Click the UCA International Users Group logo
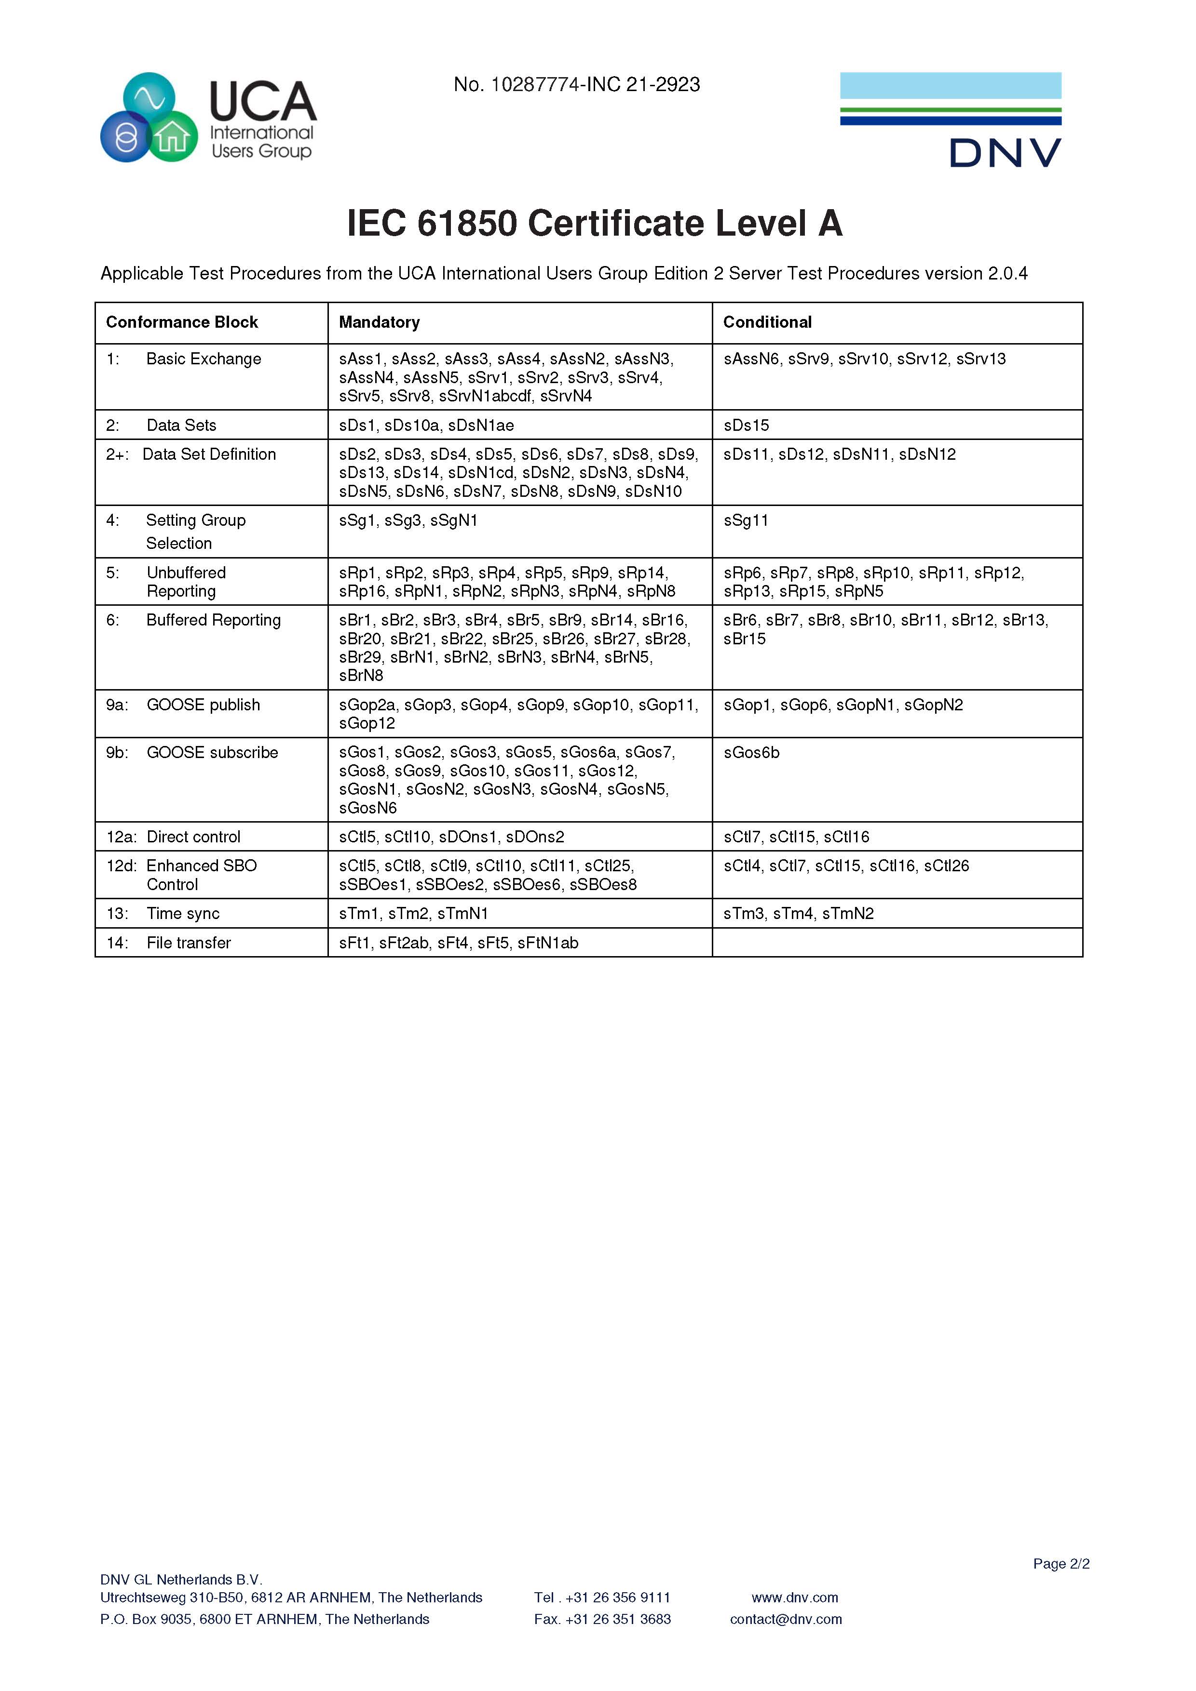(208, 118)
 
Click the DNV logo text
(1005, 153)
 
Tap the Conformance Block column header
(182, 322)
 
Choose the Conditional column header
(767, 322)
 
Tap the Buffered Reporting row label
(213, 620)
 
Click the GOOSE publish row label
(203, 705)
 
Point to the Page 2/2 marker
(1060, 1564)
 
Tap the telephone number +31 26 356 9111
(617, 1598)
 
